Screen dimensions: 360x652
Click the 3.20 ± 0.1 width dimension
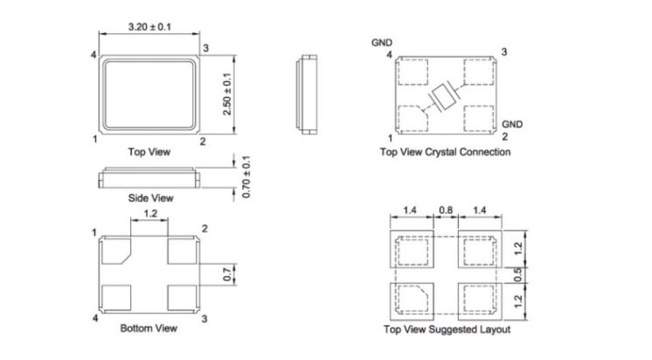click(x=150, y=27)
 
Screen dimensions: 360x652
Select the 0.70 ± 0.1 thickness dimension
click(x=246, y=177)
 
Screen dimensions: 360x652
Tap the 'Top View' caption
click(x=149, y=151)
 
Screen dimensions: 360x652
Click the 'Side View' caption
click(x=150, y=198)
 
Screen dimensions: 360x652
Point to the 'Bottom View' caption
click(x=149, y=329)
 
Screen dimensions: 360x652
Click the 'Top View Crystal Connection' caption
click(x=446, y=151)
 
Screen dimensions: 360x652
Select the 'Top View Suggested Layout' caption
click(x=447, y=329)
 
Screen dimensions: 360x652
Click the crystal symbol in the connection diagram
click(x=444, y=95)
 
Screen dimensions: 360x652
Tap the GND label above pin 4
click(x=382, y=41)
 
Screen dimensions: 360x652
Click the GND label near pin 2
click(x=512, y=124)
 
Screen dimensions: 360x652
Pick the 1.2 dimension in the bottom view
click(x=149, y=213)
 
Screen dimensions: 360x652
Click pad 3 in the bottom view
click(x=182, y=298)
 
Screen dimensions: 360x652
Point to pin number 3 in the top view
click(x=205, y=47)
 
